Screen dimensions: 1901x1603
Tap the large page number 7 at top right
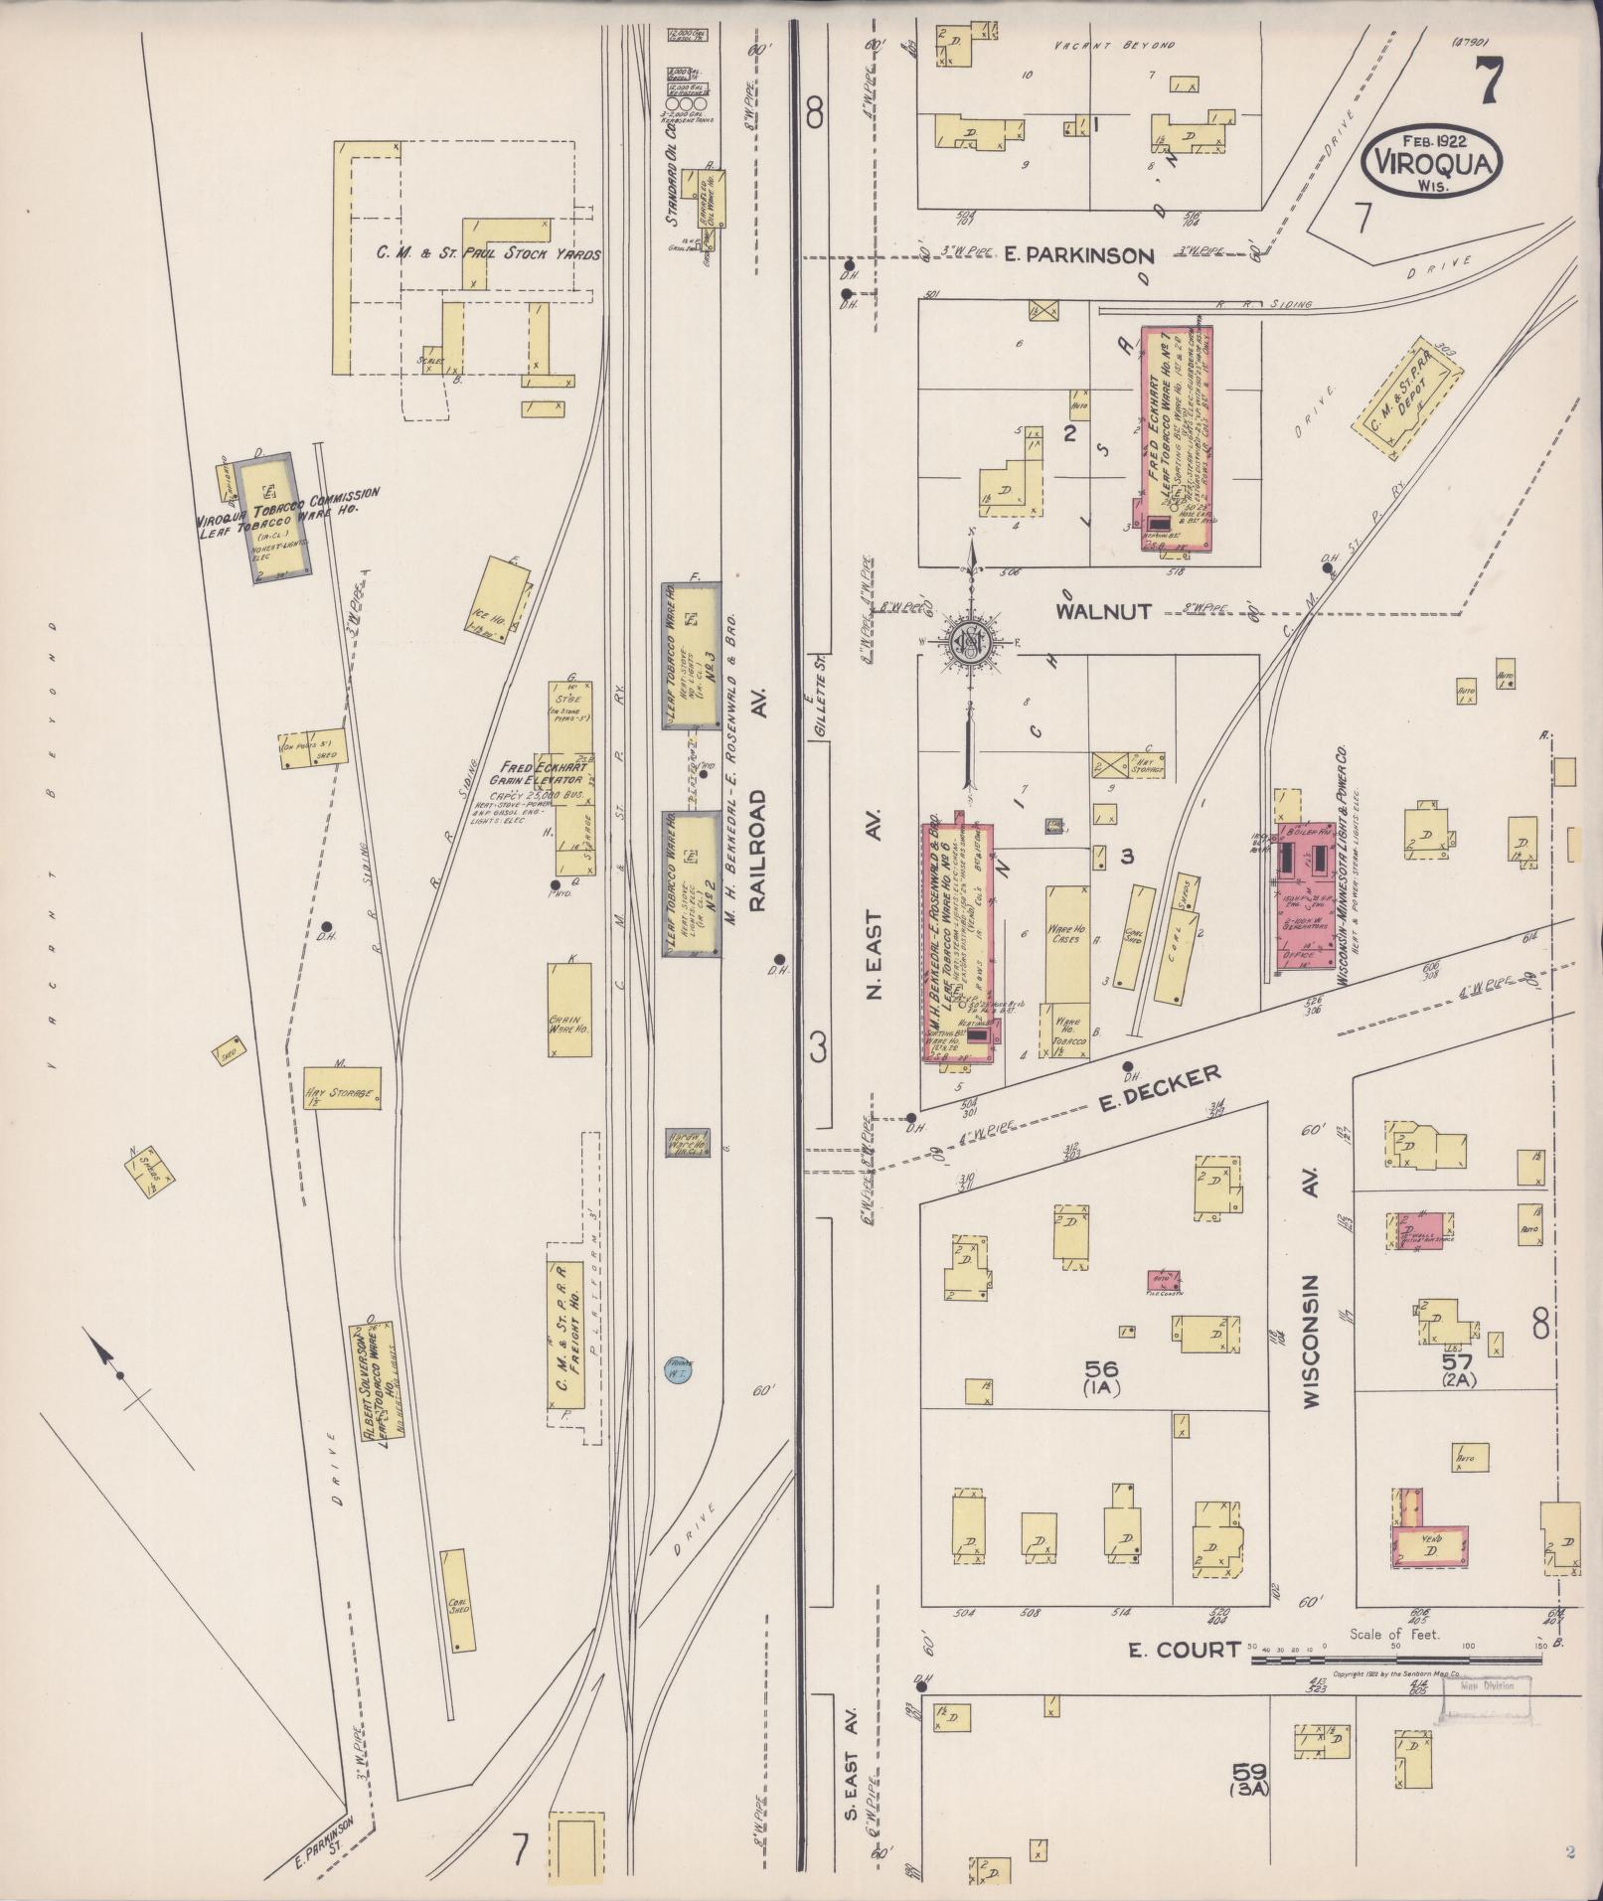1487,81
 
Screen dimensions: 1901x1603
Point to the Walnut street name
1089,611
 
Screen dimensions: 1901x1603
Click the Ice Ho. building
500,596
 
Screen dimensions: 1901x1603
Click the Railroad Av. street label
759,851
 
